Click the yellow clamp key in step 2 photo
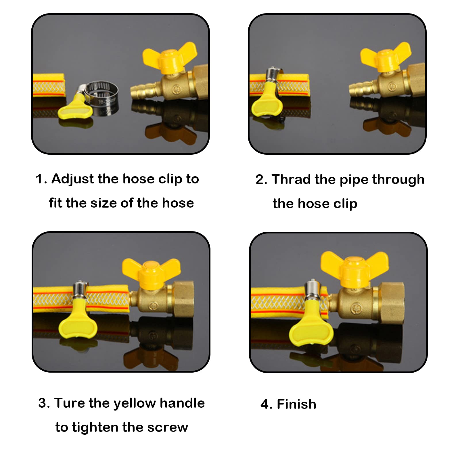point(266,101)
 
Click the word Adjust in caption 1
point(73,179)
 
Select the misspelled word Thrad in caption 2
point(291,179)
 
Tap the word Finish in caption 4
point(296,404)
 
